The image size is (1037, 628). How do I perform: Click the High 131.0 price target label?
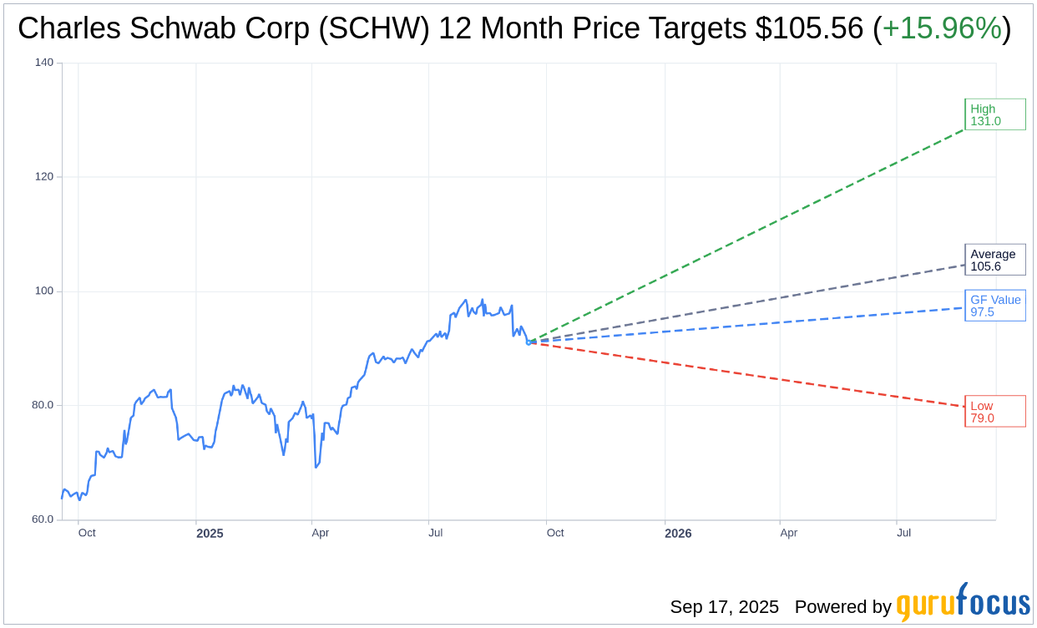tap(994, 114)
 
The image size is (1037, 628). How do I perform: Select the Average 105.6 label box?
tap(994, 260)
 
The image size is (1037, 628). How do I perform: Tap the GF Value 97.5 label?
tap(994, 306)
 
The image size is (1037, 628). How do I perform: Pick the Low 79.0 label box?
tap(994, 411)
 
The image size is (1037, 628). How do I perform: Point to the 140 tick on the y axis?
tap(44, 63)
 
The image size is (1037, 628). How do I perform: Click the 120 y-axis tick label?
tap(44, 177)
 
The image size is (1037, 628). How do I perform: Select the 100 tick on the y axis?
tap(44, 291)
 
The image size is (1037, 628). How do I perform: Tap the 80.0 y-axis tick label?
tap(43, 405)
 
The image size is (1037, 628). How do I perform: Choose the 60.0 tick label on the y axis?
tap(43, 519)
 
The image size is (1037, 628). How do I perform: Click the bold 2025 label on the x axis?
tap(210, 533)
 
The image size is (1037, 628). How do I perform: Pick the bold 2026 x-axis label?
tap(678, 533)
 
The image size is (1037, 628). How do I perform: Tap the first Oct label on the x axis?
tap(87, 533)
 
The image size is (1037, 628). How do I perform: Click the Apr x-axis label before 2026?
tap(321, 533)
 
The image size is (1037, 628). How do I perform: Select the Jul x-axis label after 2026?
tap(904, 533)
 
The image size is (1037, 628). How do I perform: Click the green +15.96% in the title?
tap(942, 28)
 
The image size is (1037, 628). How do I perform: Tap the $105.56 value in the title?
tap(809, 28)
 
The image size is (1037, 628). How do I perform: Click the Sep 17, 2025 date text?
tap(724, 607)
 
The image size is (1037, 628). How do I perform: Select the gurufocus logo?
tap(963, 603)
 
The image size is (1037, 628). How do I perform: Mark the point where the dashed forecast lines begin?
tap(529, 342)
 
